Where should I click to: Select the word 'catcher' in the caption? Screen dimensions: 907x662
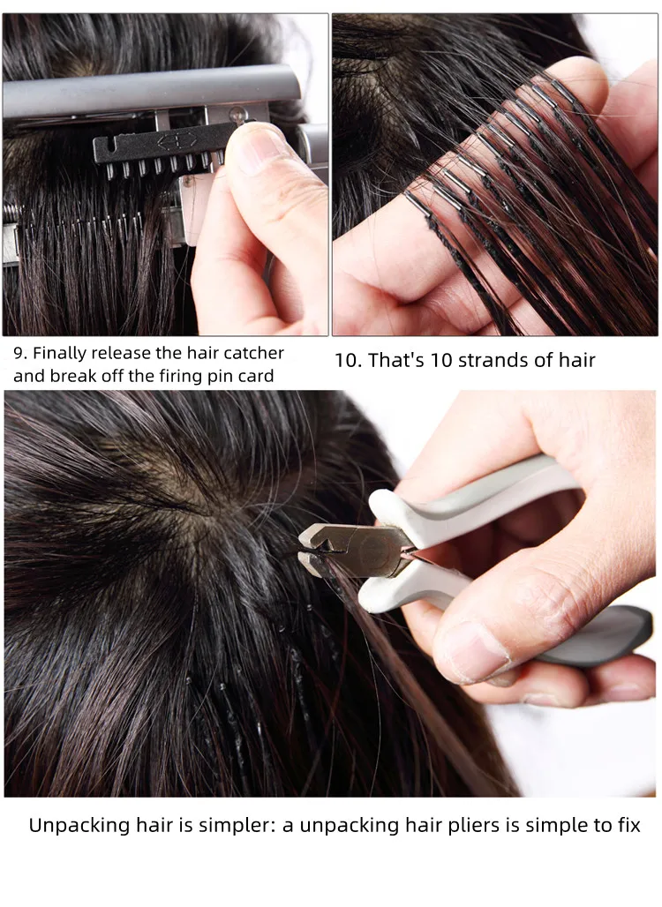click(x=255, y=353)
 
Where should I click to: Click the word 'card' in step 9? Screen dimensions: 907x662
click(x=255, y=376)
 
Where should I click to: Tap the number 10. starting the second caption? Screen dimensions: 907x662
click(x=348, y=360)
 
